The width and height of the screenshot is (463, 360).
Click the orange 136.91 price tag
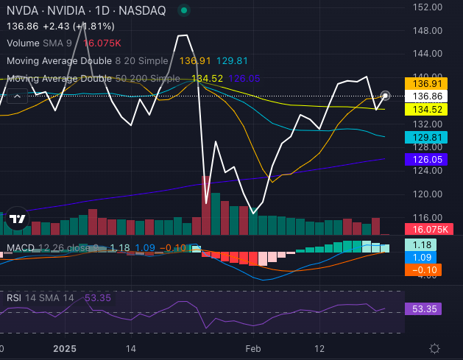pos(426,83)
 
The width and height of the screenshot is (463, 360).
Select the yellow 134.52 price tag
pos(426,110)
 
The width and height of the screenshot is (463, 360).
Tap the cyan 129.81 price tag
pos(426,137)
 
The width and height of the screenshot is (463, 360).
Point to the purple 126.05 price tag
pos(426,158)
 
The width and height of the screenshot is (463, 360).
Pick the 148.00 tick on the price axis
pos(428,30)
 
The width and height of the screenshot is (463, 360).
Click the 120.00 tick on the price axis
pos(428,194)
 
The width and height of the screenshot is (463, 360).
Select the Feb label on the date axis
pos(253,347)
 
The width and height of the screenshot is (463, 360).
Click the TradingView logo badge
pos(18,218)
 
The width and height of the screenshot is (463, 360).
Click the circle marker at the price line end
pos(385,96)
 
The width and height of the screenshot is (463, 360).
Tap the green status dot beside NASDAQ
pos(183,11)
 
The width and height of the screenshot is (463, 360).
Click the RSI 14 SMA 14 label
pos(40,297)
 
